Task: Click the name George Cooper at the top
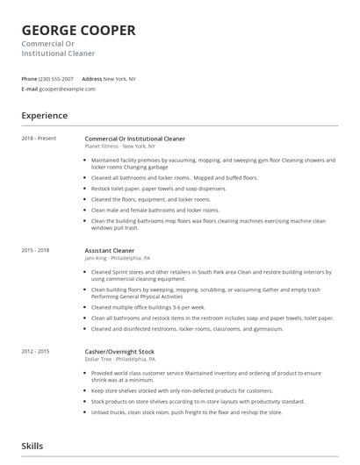tap(78, 31)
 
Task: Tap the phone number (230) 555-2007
tap(56, 79)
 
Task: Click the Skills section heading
tap(33, 447)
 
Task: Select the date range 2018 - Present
tap(38, 139)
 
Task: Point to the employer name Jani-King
tap(98, 258)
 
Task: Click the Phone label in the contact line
tap(29, 79)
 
